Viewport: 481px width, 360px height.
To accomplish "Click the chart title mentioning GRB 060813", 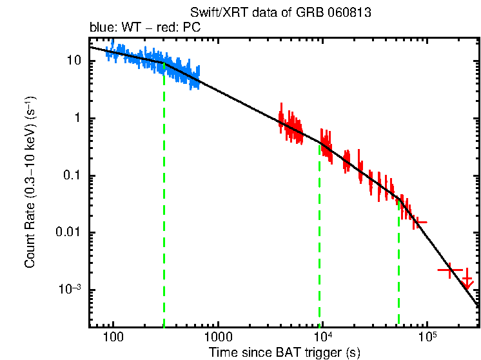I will click(281, 13).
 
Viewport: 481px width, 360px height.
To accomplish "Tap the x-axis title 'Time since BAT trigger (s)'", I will click(284, 352).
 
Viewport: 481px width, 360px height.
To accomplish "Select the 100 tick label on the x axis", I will click(113, 337).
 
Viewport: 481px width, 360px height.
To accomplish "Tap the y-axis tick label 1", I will click(76, 118).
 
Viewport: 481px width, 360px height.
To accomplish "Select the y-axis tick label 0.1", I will click(70, 175).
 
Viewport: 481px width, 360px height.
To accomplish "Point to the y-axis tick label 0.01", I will click(68, 232).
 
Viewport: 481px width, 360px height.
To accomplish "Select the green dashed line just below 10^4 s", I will click(319, 239).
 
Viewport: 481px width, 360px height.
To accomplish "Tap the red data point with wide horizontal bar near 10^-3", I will click(449, 270).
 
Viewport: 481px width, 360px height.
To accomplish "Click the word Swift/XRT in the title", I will click(212, 13).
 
